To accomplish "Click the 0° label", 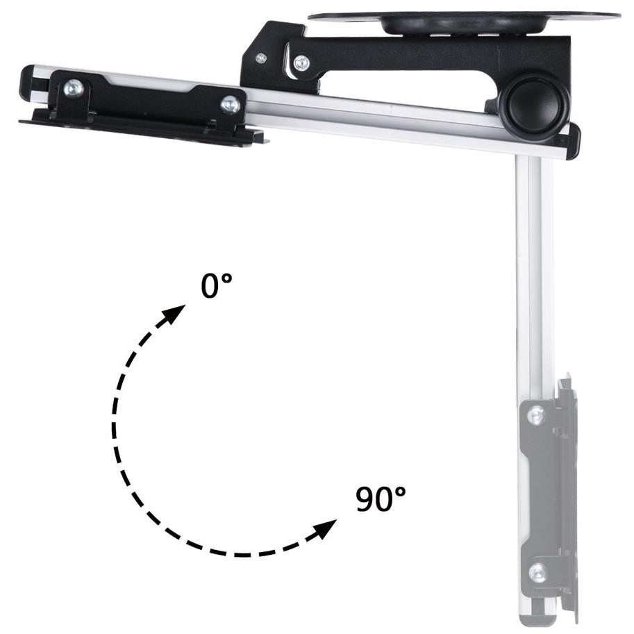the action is [x=217, y=285].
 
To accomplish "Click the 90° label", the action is [x=381, y=499].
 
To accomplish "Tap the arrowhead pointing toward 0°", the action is [x=174, y=314].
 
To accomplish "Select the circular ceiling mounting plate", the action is [x=464, y=20].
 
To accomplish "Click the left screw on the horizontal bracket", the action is [x=73, y=88].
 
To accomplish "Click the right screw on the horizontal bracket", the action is [x=231, y=104].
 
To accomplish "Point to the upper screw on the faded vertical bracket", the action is [x=537, y=415].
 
